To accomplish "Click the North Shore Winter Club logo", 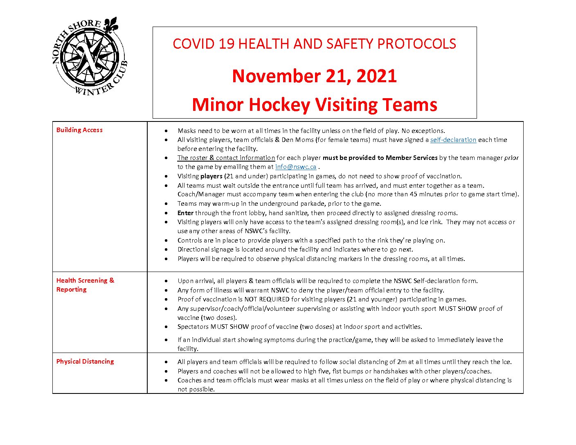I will pos(90,57).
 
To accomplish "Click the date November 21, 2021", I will pos(314,76).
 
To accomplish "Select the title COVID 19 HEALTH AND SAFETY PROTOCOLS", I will pos(314,44).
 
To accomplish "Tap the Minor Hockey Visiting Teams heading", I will pos(314,105).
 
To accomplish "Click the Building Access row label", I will pos(79,130).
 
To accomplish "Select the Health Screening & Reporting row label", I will pos(85,285).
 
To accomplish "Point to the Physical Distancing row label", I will pos(85,362).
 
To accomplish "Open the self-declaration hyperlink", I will pos(453,140).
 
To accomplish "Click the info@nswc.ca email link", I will pos(296,167).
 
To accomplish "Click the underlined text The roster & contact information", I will pos(226,158).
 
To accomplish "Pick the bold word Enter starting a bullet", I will pos(185,213).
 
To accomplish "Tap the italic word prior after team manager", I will pos(511,158).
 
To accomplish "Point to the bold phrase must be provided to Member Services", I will pos(380,158).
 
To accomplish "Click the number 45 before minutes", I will pos(413,194).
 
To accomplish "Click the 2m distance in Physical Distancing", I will pos(402,362).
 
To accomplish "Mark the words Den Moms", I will pos(297,140).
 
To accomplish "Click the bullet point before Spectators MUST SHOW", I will pos(166,327).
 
